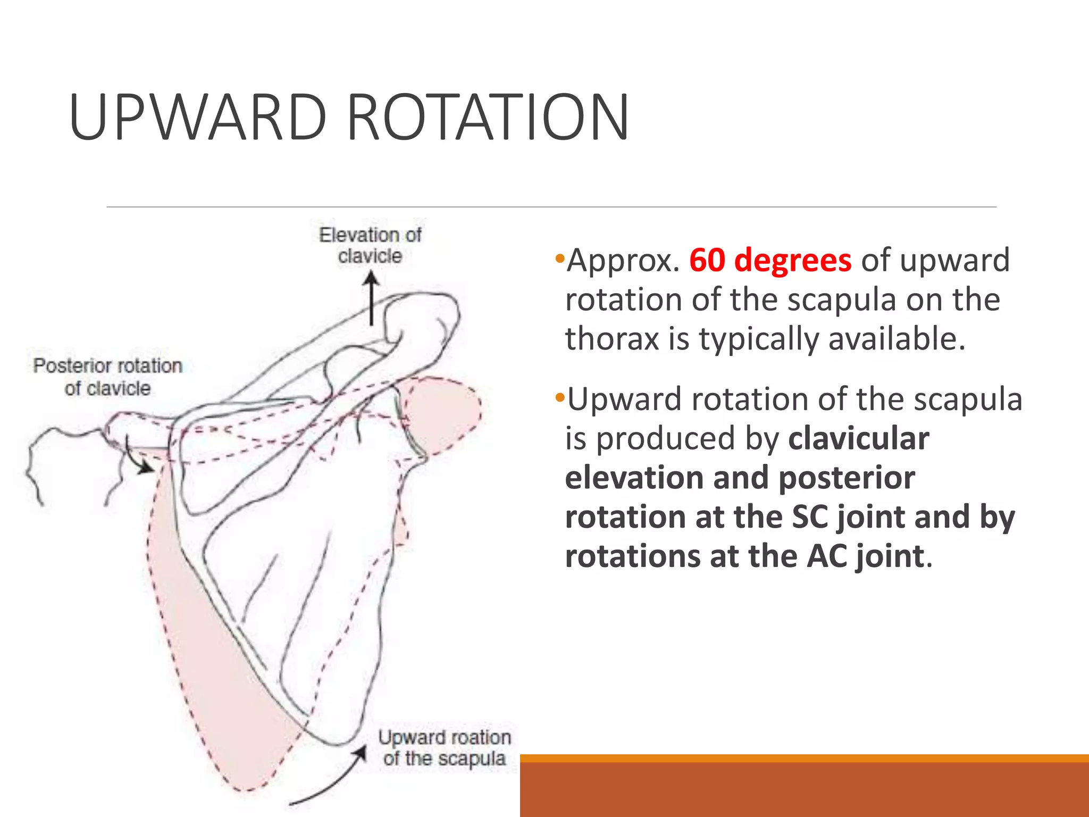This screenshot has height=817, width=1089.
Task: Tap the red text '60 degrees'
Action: [x=770, y=260]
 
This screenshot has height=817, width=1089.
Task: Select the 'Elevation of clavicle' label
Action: [x=370, y=245]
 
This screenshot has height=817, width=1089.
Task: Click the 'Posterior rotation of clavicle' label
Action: [x=108, y=377]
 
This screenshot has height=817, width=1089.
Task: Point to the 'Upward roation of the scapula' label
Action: [x=445, y=748]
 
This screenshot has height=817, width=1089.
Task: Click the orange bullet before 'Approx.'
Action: [x=559, y=260]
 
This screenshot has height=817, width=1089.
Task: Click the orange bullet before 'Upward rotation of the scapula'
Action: [x=559, y=398]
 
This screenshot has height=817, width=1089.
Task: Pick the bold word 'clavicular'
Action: [x=858, y=438]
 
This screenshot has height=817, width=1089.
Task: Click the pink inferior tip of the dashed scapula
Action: [x=245, y=782]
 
